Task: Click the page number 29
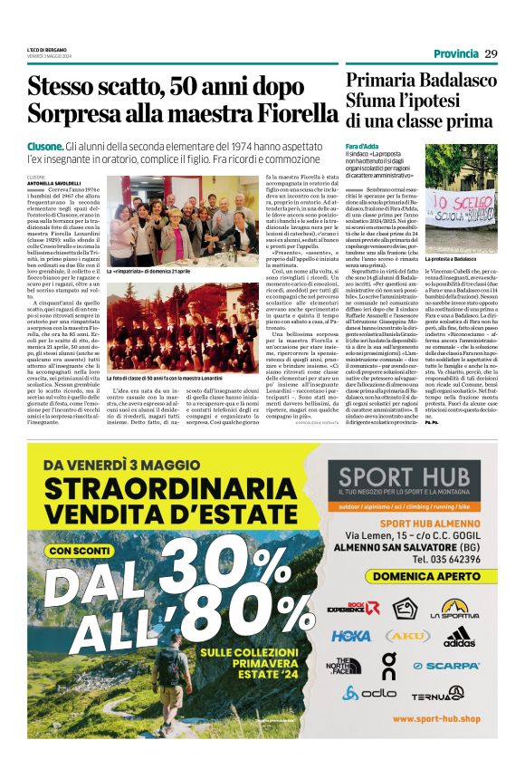(491, 53)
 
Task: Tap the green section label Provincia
(455, 53)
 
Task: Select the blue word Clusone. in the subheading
(45, 147)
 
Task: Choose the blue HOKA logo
(351, 637)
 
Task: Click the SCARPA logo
(457, 666)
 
